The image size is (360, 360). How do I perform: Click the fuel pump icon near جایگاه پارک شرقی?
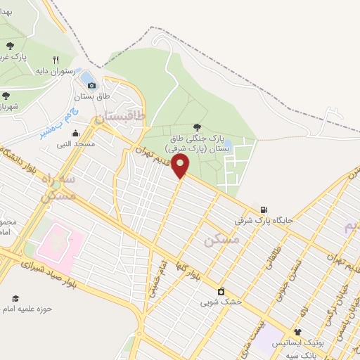263,209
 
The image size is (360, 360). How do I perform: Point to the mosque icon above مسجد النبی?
75,133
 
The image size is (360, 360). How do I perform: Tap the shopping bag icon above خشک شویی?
221,291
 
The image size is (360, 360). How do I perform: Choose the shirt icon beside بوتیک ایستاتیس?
297,332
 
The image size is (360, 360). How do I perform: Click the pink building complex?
60,246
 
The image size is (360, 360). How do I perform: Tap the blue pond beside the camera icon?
86,76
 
